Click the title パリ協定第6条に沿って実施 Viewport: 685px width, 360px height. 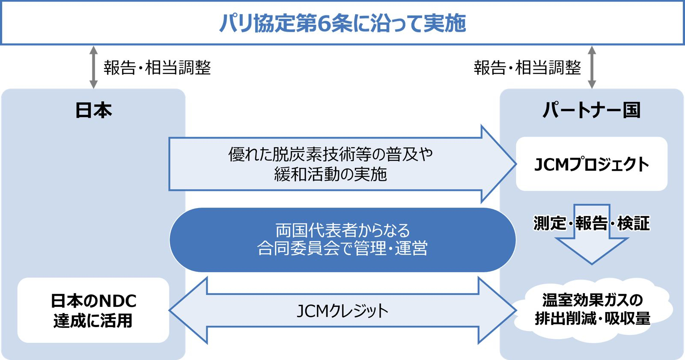(342, 23)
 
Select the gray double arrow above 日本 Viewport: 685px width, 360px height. (94, 67)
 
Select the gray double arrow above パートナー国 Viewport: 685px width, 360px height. (592, 67)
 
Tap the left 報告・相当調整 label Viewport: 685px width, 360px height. (157, 67)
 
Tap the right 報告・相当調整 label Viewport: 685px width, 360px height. (527, 67)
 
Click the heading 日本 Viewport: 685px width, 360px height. (94, 110)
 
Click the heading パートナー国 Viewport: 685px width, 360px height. (591, 110)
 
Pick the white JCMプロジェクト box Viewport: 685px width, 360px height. (591, 164)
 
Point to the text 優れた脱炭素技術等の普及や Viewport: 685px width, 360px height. (330, 154)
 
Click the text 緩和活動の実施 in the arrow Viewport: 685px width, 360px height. (330, 174)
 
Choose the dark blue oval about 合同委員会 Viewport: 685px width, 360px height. (342, 240)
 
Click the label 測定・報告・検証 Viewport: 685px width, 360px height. (591, 223)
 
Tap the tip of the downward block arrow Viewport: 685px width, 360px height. (592, 264)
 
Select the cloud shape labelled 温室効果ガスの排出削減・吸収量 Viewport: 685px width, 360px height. (592, 309)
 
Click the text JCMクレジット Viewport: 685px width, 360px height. (342, 311)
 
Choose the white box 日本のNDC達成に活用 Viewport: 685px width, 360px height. (93, 310)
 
